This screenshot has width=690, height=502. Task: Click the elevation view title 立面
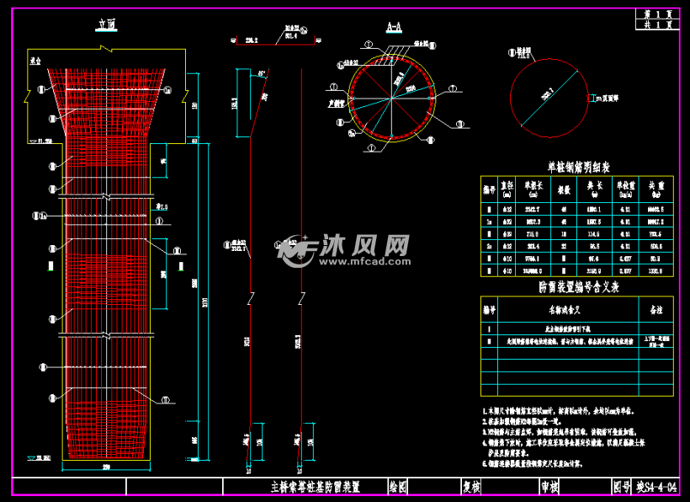(105, 27)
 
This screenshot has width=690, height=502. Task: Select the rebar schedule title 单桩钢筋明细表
(579, 167)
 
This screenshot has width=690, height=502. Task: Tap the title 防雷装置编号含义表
(578, 286)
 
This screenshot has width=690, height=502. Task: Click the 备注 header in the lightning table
(656, 308)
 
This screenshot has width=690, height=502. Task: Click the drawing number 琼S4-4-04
(657, 486)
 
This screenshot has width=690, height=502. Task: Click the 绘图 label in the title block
(398, 486)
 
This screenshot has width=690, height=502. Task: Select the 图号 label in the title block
(622, 486)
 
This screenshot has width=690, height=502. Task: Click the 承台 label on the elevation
(34, 61)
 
